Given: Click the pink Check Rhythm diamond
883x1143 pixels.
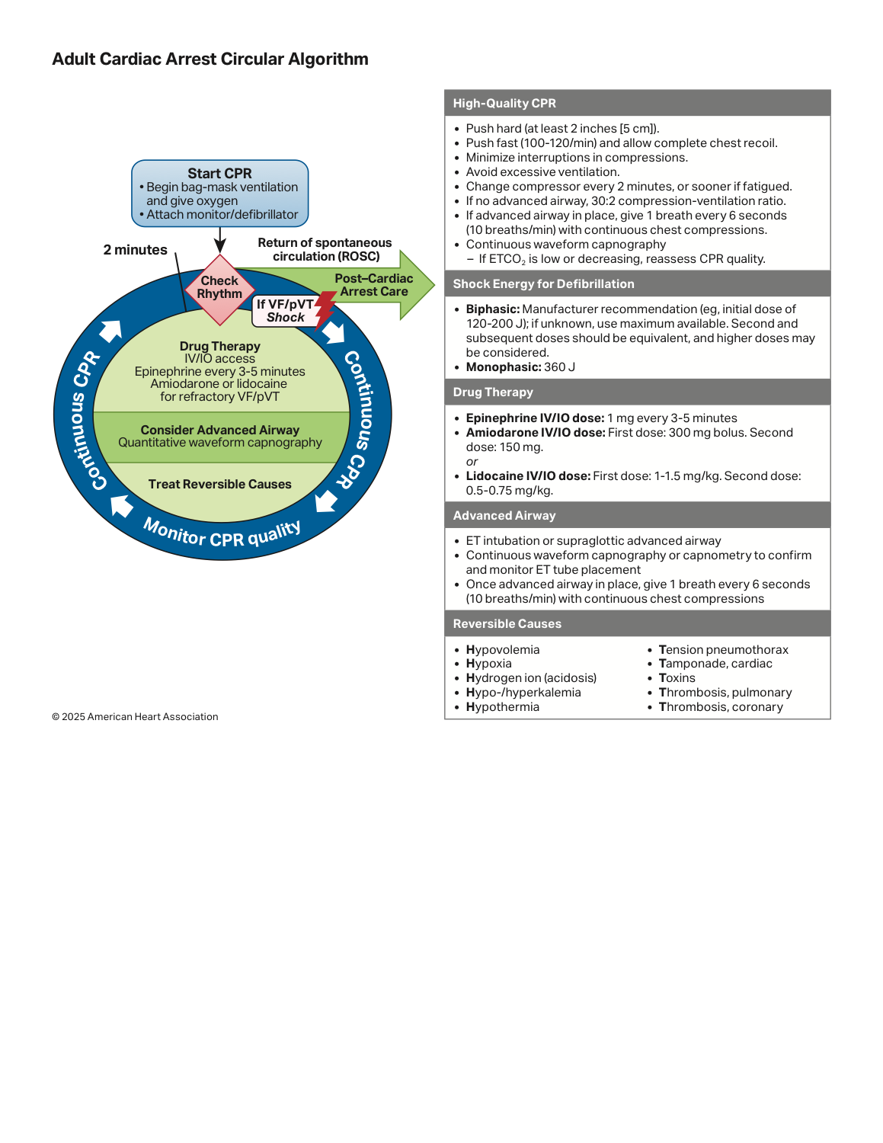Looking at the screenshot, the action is [x=220, y=290].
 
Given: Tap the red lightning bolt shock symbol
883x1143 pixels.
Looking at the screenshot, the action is [x=325, y=309].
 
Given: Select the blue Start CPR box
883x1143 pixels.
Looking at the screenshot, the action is [x=220, y=194].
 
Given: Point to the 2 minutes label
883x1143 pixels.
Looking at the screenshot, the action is [x=135, y=250].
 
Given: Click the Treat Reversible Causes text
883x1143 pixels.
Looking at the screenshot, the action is [x=220, y=484].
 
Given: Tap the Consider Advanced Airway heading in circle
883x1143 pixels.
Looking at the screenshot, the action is [x=220, y=430].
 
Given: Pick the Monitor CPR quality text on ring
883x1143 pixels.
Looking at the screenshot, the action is [x=222, y=534].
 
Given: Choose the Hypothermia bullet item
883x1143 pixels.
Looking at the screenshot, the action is [x=502, y=707].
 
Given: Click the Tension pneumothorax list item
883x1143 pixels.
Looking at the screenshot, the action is [x=723, y=650].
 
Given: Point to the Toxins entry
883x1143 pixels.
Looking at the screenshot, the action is [x=677, y=678].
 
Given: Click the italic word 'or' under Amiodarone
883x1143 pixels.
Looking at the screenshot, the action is [x=472, y=462].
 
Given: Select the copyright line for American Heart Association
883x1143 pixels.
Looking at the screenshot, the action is [x=135, y=716].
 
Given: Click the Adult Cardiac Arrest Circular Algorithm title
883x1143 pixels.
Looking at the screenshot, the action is [x=210, y=59].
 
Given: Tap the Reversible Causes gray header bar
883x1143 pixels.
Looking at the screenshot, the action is [x=638, y=624].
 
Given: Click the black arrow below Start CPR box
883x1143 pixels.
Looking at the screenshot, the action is [x=220, y=240].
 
